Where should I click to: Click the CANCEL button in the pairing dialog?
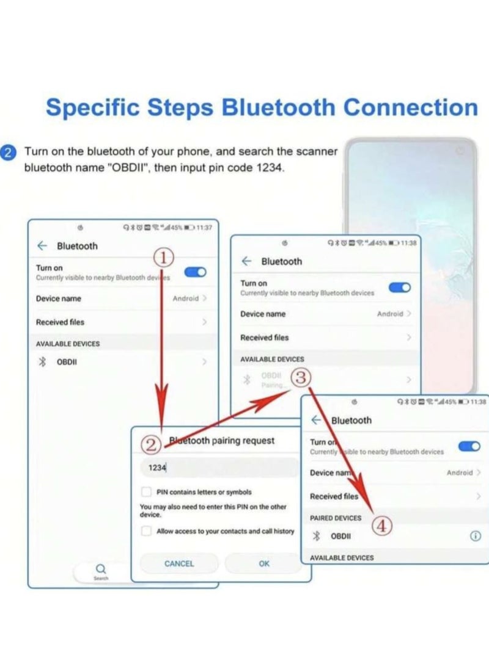pos(179,563)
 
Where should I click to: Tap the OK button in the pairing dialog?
pos(264,563)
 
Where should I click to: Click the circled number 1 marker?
pos(164,259)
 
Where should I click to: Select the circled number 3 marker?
pos(300,378)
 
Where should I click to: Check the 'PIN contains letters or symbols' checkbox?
pos(147,492)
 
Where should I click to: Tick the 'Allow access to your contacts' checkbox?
pos(147,531)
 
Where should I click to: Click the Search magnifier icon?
pos(101,569)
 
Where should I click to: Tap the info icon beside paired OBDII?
pos(475,536)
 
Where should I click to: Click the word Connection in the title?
pos(410,107)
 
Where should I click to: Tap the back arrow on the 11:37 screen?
pos(42,245)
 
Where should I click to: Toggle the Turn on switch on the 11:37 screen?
pos(196,272)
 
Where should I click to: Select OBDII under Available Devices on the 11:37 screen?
pos(67,361)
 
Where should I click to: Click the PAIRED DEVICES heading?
pos(336,518)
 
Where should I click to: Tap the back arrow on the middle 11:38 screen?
pos(246,261)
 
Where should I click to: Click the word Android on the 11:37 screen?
pos(185,299)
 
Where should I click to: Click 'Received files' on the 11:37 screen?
pos(60,322)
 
